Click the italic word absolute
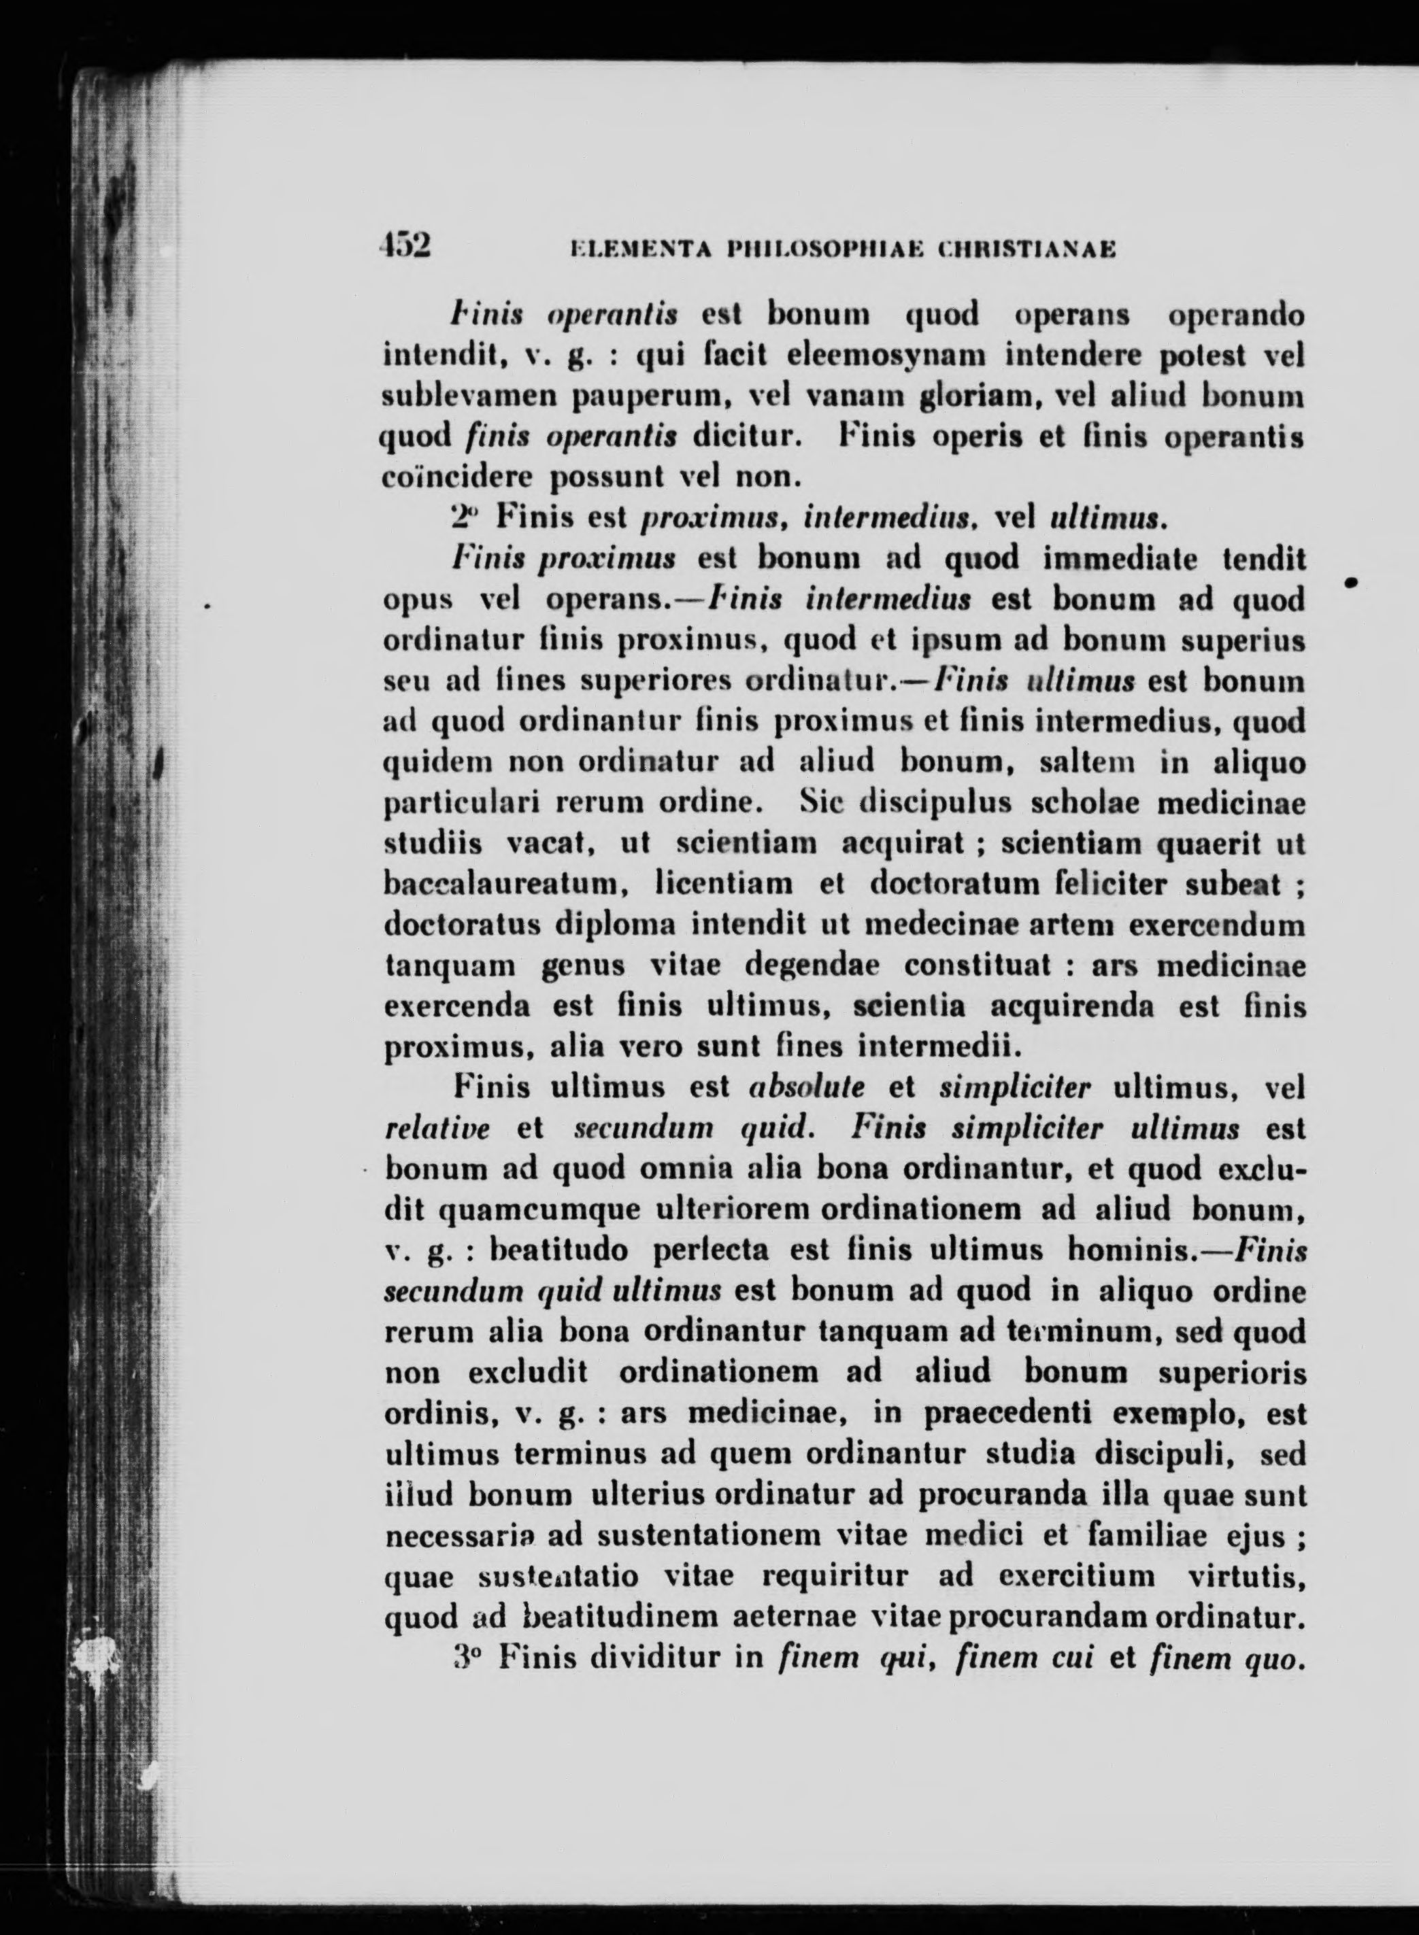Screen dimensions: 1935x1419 807,1089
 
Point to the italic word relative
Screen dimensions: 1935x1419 438,1129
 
